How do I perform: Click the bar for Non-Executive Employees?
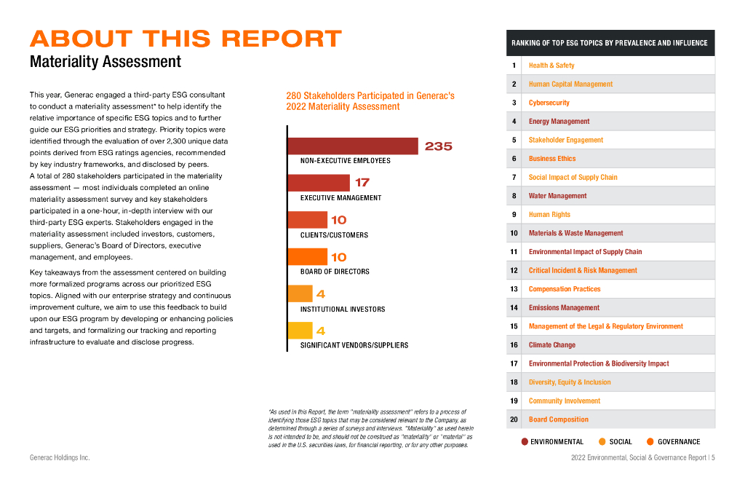pyautogui.click(x=353, y=146)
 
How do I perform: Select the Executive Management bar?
pyautogui.click(x=319, y=183)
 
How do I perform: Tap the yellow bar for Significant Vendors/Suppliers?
pyautogui.click(x=300, y=331)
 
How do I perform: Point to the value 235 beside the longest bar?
pyautogui.click(x=439, y=146)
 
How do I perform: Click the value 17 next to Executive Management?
pyautogui.click(x=362, y=183)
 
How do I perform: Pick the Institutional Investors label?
pyautogui.click(x=343, y=309)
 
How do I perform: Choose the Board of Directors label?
pyautogui.click(x=335, y=272)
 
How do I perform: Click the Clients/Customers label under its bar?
pyautogui.click(x=334, y=235)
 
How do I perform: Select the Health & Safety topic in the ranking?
pyautogui.click(x=551, y=66)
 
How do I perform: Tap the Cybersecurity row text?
pyautogui.click(x=549, y=103)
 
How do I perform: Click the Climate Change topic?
pyautogui.click(x=552, y=345)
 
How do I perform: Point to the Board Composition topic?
pyautogui.click(x=559, y=419)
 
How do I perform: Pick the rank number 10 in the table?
pyautogui.click(x=514, y=233)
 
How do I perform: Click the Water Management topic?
pyautogui.click(x=558, y=196)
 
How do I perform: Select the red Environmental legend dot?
pyautogui.click(x=525, y=441)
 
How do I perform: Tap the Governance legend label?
pyautogui.click(x=679, y=441)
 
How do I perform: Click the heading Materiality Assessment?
pyautogui.click(x=105, y=61)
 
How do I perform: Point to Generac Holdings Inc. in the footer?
pyautogui.click(x=60, y=457)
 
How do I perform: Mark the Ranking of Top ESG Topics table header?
pyautogui.click(x=610, y=43)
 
